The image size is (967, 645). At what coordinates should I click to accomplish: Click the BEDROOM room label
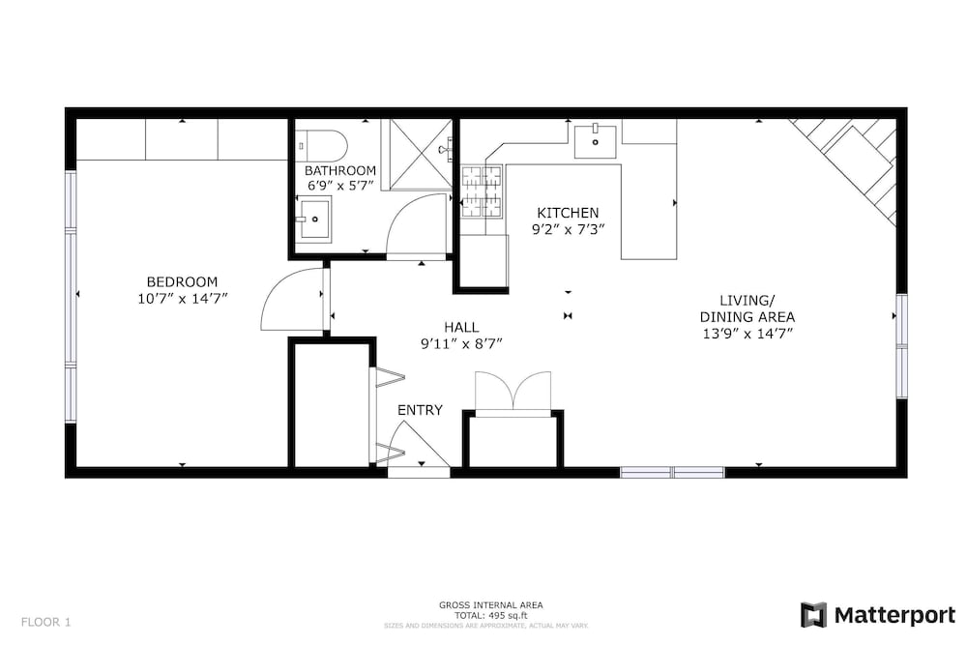tap(182, 281)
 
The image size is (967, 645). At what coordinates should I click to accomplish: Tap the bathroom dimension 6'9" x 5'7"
tap(341, 185)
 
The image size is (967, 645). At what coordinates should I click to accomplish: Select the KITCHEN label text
tap(568, 213)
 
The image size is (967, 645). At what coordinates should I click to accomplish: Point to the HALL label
tap(461, 328)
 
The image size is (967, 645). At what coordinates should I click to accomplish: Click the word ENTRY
tap(420, 410)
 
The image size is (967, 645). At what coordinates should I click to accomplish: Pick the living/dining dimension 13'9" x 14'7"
tap(747, 334)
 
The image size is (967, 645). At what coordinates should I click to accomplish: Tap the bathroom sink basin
tap(314, 219)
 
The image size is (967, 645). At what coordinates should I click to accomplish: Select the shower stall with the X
tap(421, 153)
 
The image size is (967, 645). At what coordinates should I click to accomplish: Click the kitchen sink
tap(595, 141)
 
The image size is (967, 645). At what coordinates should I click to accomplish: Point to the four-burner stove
tap(482, 191)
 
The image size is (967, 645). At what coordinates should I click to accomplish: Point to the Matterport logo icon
tap(813, 615)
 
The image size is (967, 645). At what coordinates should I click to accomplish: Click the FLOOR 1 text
tap(46, 622)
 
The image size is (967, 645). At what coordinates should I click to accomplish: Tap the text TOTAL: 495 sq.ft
tap(491, 615)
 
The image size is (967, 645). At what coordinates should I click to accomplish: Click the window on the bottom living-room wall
tap(672, 472)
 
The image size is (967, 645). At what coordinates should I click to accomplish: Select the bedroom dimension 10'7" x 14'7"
tap(183, 299)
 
